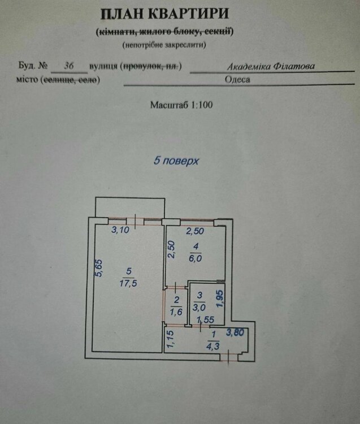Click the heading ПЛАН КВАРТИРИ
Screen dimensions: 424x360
tap(164, 14)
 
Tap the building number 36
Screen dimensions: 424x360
tap(70, 66)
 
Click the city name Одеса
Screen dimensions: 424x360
tap(237, 79)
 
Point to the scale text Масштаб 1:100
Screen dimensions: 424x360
tap(181, 105)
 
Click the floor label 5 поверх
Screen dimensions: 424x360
tap(177, 161)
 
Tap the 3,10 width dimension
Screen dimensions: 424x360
tap(120, 230)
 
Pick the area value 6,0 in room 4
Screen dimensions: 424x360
tap(194, 256)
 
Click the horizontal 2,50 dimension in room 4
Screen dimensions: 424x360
tap(196, 231)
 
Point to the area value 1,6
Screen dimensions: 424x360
tap(176, 310)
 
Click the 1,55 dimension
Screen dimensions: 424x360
tap(204, 321)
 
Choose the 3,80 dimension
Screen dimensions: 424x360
tap(236, 332)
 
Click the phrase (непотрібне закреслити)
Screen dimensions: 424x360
tap(164, 44)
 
